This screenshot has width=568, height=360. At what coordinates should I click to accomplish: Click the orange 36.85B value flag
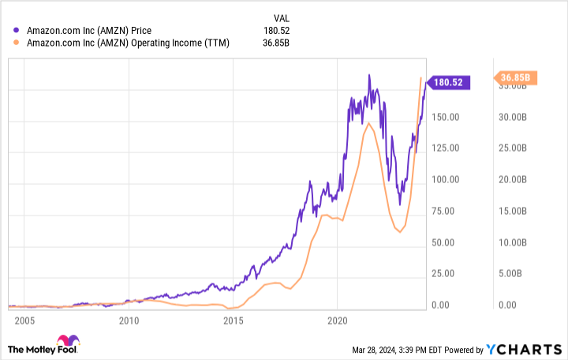pyautogui.click(x=516, y=77)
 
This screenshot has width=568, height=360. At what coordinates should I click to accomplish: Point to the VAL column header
pyautogui.click(x=281, y=16)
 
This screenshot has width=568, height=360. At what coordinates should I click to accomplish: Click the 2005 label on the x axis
pyautogui.click(x=24, y=321)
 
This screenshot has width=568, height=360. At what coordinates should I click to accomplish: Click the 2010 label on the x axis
pyautogui.click(x=129, y=321)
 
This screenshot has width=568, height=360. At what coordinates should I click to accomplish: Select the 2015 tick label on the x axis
pyautogui.click(x=233, y=321)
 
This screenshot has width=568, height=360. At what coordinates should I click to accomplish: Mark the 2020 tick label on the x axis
pyautogui.click(x=337, y=321)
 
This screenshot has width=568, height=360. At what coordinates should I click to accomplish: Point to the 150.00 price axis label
pyautogui.click(x=447, y=117)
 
